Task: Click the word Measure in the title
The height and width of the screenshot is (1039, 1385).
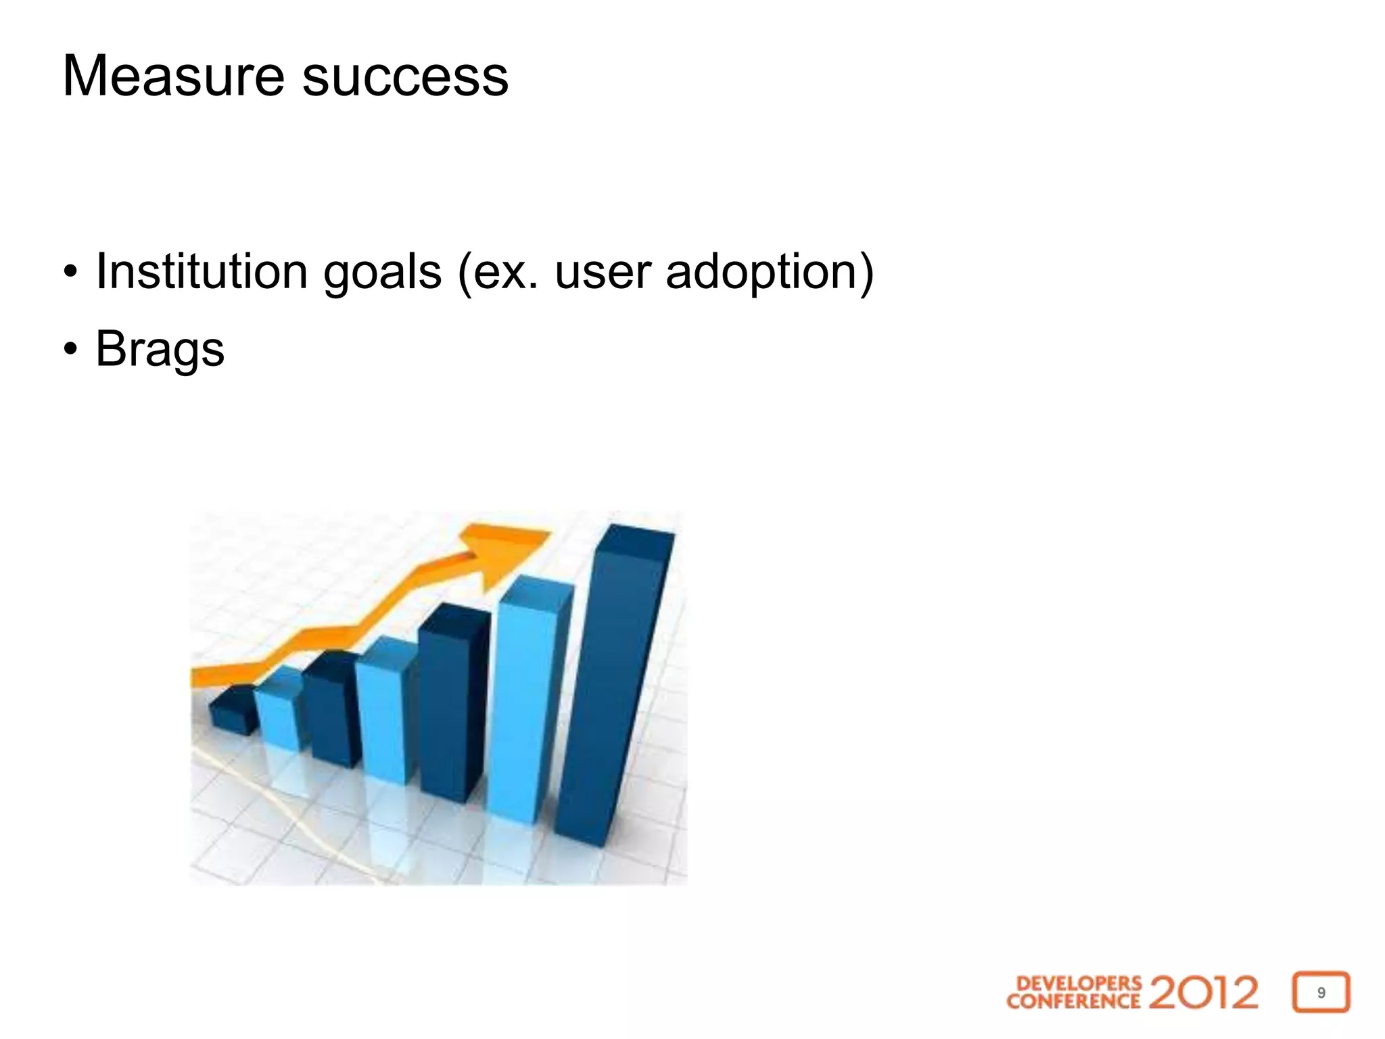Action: coord(173,76)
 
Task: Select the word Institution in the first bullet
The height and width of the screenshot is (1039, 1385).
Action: coord(202,271)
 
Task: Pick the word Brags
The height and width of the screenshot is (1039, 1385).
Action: coord(160,350)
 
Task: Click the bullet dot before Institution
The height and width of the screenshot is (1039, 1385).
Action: coord(70,273)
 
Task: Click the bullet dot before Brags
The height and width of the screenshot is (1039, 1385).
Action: coord(70,350)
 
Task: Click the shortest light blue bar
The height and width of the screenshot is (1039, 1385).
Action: coord(277,710)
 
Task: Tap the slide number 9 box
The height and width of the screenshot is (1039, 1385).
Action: coord(1321,992)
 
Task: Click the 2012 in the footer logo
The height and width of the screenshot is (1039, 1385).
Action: coord(1203,992)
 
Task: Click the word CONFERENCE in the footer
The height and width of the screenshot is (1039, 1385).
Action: coord(1073,1001)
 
